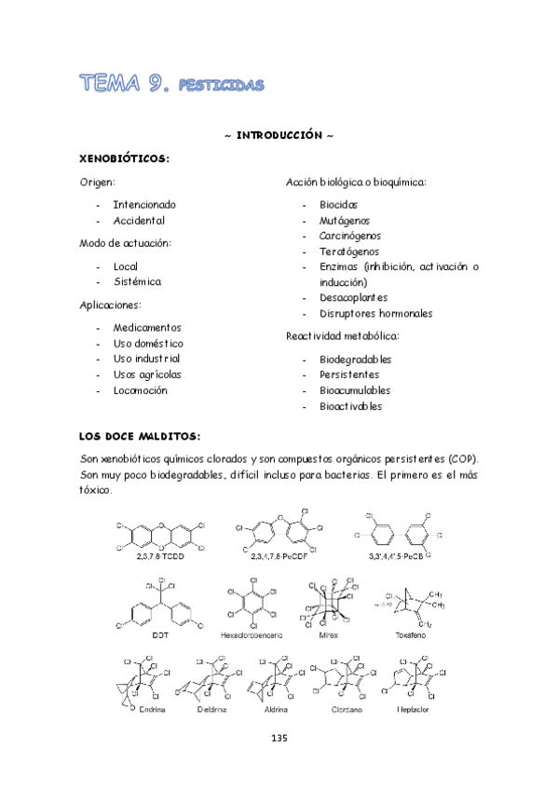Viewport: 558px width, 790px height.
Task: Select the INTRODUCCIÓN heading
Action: point(279,135)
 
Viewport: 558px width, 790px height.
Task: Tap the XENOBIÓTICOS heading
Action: point(125,158)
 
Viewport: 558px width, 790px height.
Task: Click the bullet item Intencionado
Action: point(144,204)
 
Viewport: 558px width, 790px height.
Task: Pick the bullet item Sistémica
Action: point(137,281)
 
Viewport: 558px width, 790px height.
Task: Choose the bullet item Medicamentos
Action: point(147,328)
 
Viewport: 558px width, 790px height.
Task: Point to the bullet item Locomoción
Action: point(141,390)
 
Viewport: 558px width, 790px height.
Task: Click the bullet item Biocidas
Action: point(339,204)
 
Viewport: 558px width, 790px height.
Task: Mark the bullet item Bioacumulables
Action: point(355,390)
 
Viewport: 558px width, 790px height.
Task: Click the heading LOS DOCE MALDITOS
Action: point(140,436)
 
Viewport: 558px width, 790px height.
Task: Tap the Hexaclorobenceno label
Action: point(250,634)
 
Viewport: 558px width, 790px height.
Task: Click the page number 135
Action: point(279,764)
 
